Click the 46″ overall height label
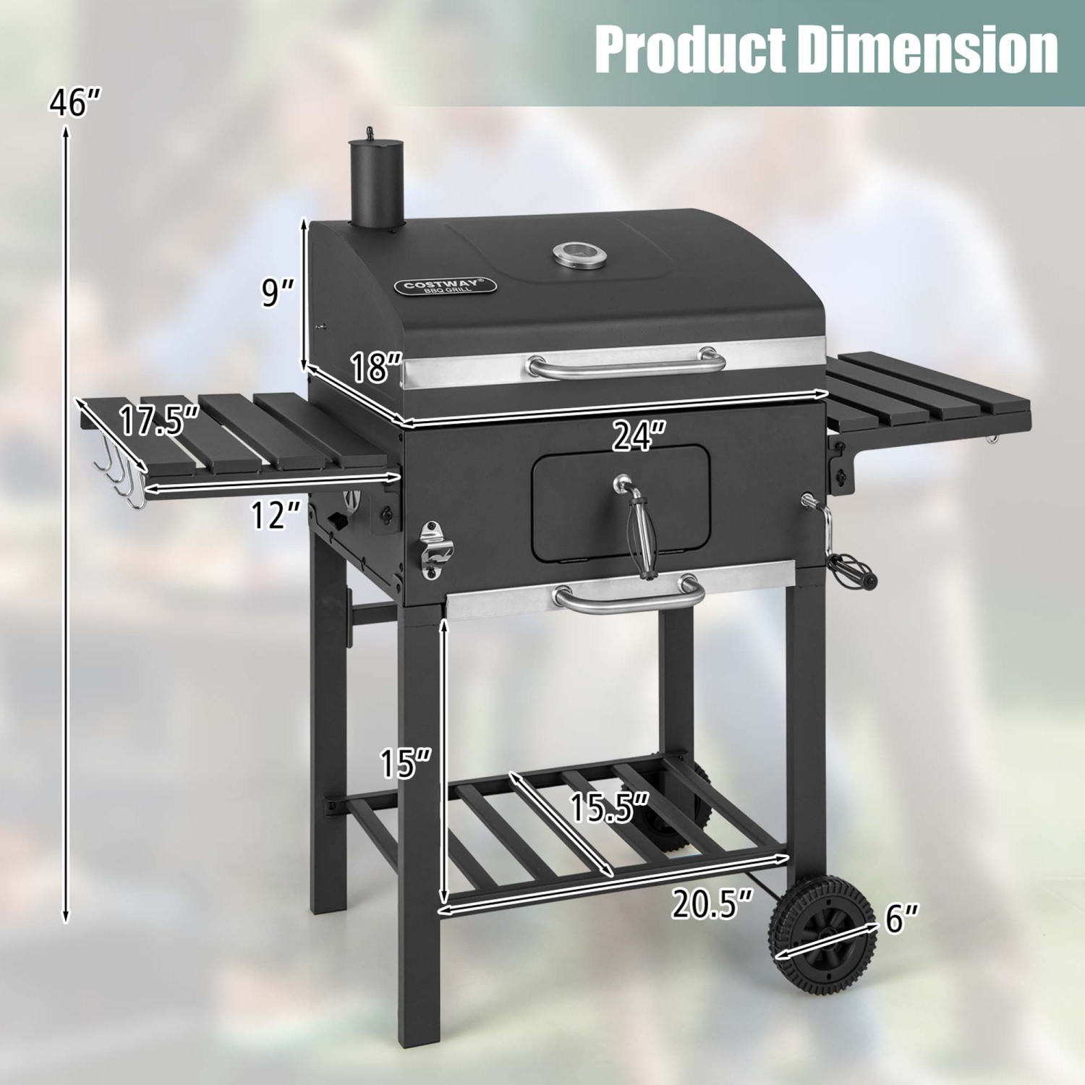point(75,102)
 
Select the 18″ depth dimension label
point(375,367)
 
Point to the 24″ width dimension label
point(639,436)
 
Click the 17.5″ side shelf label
point(158,421)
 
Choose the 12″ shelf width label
point(275,515)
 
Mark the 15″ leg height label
point(405,762)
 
